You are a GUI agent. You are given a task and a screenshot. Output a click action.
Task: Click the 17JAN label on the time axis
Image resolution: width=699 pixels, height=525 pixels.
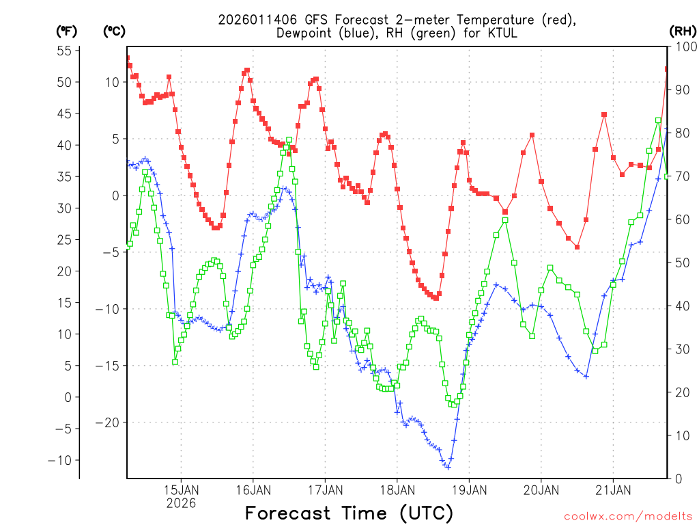click(325, 489)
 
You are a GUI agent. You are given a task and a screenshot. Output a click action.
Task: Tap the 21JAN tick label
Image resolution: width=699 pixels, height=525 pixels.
click(613, 489)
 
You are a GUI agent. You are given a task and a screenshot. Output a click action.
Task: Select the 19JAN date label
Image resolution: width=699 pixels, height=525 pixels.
click(469, 489)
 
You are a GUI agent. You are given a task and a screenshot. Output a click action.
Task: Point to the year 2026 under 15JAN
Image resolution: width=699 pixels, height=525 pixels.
click(181, 503)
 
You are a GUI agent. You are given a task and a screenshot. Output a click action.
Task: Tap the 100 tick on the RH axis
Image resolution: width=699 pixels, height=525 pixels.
click(682, 46)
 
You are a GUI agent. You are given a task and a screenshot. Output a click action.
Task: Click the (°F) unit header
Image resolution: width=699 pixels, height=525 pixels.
click(66, 31)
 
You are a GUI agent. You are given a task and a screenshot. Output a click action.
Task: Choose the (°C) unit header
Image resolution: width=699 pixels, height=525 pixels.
click(114, 31)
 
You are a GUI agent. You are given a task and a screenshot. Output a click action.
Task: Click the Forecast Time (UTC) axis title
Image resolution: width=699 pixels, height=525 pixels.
click(349, 513)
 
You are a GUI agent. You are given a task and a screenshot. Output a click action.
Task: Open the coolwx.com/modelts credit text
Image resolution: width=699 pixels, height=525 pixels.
click(628, 515)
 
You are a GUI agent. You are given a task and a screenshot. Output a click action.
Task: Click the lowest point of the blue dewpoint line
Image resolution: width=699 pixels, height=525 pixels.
click(448, 467)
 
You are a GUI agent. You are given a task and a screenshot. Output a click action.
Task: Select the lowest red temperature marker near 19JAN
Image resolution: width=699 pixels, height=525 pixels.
click(436, 298)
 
